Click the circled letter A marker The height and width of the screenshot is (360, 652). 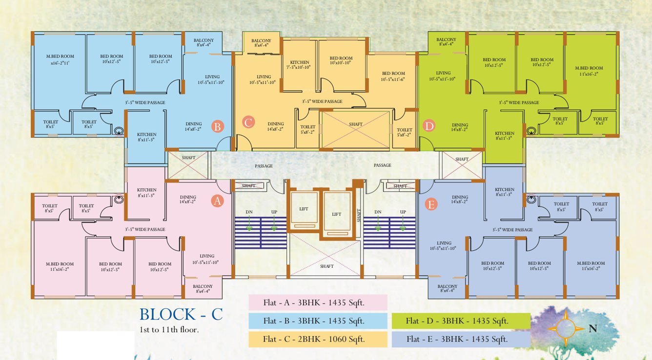tap(218, 201)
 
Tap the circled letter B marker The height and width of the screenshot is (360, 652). tap(218, 126)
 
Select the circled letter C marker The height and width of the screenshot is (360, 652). tap(248, 122)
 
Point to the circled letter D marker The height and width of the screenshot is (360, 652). tap(429, 126)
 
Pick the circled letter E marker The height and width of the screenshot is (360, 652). tap(431, 204)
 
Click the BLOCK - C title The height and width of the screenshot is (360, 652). tap(181, 314)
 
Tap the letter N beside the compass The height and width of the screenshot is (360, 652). tap(593, 329)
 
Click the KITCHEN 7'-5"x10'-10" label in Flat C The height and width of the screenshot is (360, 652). tap(300, 64)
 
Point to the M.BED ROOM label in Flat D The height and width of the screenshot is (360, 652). tap(589, 71)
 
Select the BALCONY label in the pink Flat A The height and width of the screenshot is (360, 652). tap(203, 288)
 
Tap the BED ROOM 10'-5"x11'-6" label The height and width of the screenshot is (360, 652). tap(393, 76)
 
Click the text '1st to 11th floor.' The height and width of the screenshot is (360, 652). tap(169, 330)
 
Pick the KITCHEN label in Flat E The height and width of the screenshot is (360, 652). tap(505, 192)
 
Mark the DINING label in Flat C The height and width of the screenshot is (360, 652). tap(275, 126)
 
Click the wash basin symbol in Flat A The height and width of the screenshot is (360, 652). tap(119, 200)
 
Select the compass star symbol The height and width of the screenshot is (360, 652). tap(566, 329)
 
